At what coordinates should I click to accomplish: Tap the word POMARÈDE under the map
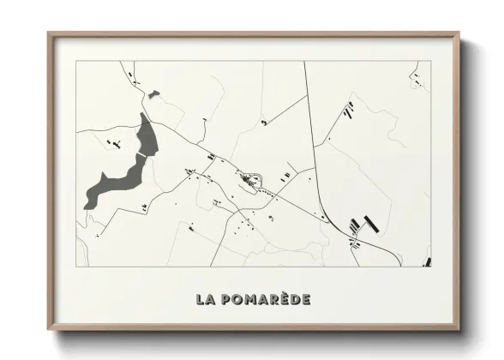(264, 299)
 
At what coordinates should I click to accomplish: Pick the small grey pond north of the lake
(153, 94)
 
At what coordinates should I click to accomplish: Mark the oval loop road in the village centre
(249, 182)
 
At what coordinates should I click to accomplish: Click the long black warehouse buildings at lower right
(364, 225)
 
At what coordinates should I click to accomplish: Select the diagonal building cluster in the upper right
(348, 109)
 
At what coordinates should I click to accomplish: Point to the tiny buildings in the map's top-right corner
(417, 78)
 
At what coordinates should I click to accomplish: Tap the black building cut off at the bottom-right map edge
(427, 262)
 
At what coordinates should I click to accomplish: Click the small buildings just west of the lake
(111, 143)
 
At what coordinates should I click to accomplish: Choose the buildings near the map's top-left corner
(134, 78)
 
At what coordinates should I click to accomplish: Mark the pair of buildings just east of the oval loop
(285, 176)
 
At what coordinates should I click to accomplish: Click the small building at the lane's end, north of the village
(264, 123)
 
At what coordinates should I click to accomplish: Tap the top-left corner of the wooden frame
(50, 35)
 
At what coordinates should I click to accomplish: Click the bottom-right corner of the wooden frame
(458, 328)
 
